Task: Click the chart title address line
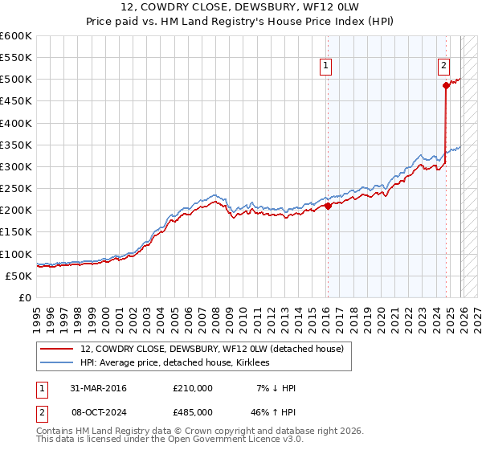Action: pyautogui.click(x=241, y=7)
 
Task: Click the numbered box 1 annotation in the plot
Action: pyautogui.click(x=327, y=67)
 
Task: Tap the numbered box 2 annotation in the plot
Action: pyautogui.click(x=443, y=67)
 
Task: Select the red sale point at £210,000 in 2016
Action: pyautogui.click(x=328, y=206)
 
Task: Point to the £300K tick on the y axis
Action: pyautogui.click(x=16, y=166)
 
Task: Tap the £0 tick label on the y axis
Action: pyautogui.click(x=25, y=297)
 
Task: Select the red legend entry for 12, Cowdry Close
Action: pyautogui.click(x=212, y=349)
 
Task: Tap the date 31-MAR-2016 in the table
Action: pyautogui.click(x=97, y=388)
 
